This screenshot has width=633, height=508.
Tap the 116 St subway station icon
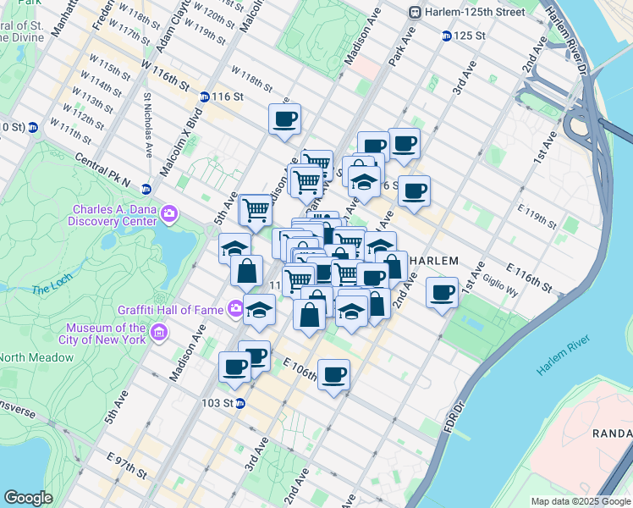[x=205, y=97]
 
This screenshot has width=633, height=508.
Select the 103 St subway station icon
[x=240, y=403]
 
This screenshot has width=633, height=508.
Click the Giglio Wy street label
[x=501, y=289]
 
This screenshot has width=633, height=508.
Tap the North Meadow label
[x=36, y=357]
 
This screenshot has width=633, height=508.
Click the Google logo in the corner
[x=28, y=498]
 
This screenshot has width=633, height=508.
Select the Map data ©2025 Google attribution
[x=581, y=501]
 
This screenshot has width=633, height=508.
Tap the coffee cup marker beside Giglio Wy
[x=442, y=294]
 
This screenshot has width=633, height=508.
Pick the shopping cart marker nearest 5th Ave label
[x=256, y=210]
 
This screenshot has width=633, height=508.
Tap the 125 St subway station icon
[x=446, y=36]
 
